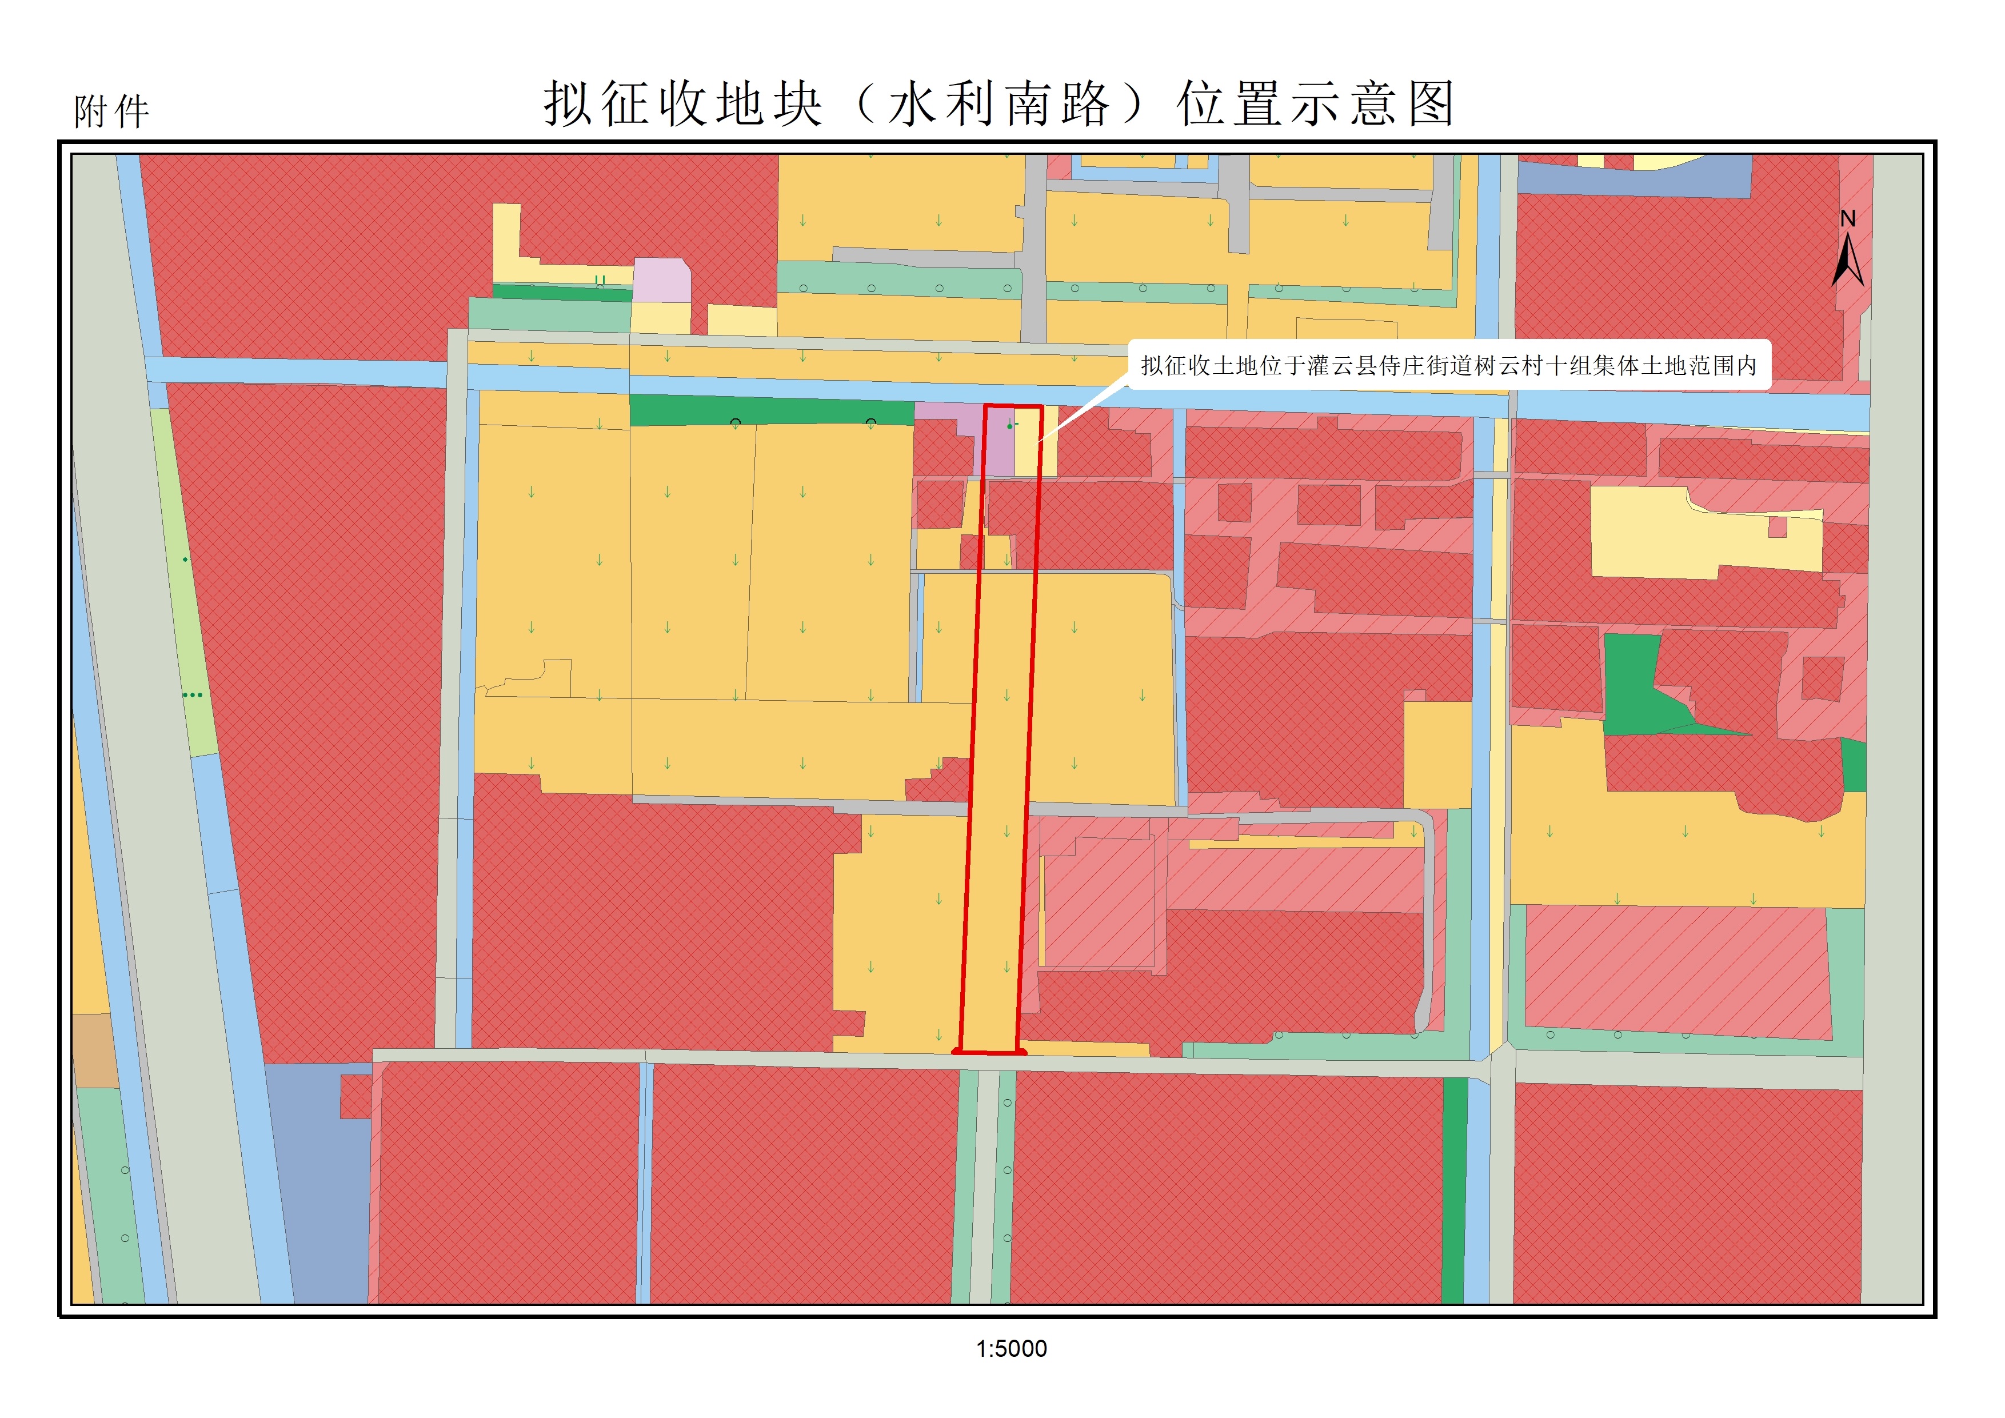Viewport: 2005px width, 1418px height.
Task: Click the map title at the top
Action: tap(999, 104)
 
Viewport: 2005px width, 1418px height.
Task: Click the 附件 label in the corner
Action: tap(112, 112)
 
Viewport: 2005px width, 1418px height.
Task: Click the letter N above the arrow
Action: tap(1848, 219)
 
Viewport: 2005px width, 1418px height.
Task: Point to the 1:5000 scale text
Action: tap(1011, 1349)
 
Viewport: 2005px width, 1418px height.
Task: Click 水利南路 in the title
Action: tap(999, 104)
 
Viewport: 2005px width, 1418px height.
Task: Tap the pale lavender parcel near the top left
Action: tap(661, 280)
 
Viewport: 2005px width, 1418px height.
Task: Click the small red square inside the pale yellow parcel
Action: tap(1777, 528)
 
